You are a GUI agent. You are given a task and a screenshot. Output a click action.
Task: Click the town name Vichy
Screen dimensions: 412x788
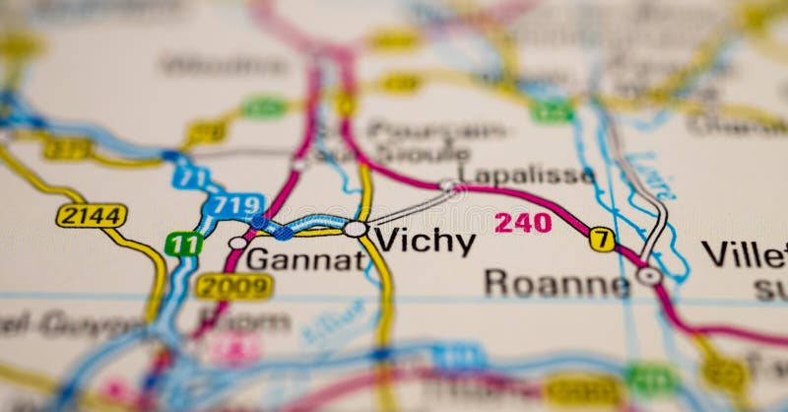coord(426,241)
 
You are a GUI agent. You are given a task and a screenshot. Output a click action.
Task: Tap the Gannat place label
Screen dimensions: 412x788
coord(305,260)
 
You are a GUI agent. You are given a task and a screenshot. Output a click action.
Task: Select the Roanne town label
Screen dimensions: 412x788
coord(557,284)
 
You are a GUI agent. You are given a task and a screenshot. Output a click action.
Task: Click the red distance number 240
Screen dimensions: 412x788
coord(523,223)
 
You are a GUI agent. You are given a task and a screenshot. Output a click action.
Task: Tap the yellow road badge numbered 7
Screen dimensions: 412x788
coord(602,240)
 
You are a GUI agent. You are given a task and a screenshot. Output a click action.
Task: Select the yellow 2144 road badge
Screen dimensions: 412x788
coord(92,215)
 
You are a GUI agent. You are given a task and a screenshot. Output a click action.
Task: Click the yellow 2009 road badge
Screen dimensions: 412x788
coord(233,287)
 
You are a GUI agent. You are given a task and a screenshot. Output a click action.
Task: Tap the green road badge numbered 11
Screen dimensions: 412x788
coord(183,243)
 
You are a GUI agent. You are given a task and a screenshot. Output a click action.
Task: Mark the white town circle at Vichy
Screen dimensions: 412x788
coord(356,229)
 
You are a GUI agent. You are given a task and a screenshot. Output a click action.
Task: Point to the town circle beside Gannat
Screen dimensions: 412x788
coord(237,242)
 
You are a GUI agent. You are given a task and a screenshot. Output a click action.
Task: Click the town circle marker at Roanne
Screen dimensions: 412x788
coord(648,276)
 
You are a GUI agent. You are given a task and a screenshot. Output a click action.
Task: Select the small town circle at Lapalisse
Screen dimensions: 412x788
coord(448,185)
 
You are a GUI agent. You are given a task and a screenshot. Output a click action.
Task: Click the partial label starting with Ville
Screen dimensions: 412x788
coord(744,254)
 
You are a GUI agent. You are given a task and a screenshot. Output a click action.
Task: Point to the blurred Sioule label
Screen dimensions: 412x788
coord(424,153)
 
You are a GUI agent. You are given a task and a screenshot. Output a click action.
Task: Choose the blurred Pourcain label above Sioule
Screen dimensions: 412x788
coord(436,130)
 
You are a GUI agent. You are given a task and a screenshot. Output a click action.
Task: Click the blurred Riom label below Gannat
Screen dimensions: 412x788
coord(245,321)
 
